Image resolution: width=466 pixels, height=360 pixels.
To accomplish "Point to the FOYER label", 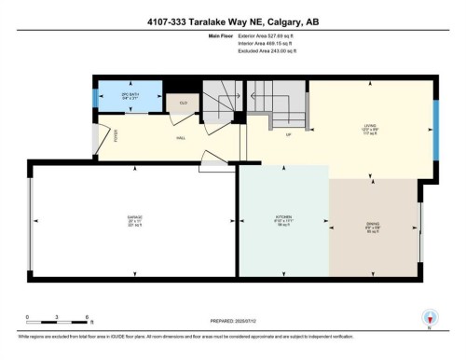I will pyautogui.click(x=105, y=132).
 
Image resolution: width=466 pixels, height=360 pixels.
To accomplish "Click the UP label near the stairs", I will pyautogui.click(x=288, y=136).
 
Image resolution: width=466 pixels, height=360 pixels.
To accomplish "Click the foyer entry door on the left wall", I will pyautogui.click(x=96, y=137).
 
